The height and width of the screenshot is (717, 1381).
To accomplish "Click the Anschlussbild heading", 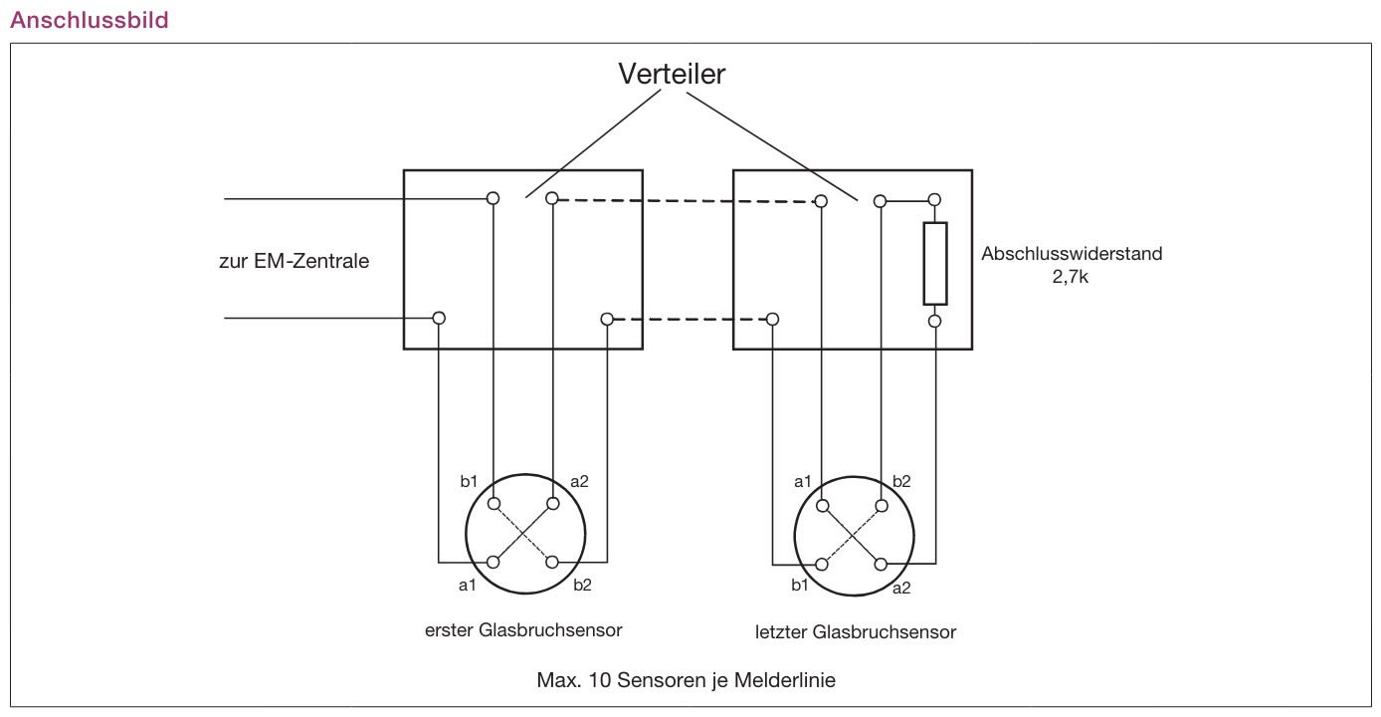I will coord(89,20).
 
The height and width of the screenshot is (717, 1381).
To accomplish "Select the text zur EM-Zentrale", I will coord(294,263).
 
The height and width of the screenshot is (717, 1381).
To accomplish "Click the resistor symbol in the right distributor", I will coord(934,264).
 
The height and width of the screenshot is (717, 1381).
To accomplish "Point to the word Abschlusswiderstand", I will coord(1072,253).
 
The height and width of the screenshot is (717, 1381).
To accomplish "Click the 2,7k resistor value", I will coord(1072,278).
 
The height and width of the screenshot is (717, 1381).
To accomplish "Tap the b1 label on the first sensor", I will coord(470,481).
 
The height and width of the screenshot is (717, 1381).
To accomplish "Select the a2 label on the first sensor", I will coord(578,481).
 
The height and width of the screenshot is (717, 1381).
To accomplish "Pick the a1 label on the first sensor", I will coord(468,585).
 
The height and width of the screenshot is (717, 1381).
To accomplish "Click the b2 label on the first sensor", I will coord(582,585).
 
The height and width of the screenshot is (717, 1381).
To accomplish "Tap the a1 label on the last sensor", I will coord(803,481).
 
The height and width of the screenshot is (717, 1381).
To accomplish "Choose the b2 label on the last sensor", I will coord(901,481).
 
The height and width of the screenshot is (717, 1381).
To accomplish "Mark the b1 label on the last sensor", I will coord(800,585).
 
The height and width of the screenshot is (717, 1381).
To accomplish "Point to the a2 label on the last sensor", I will coord(901,588).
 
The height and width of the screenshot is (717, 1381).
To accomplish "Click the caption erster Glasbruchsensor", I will coord(523,629).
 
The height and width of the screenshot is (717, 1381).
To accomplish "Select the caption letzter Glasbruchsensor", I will coord(856,631).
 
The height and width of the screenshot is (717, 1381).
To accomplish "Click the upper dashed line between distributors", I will coord(687,200).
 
